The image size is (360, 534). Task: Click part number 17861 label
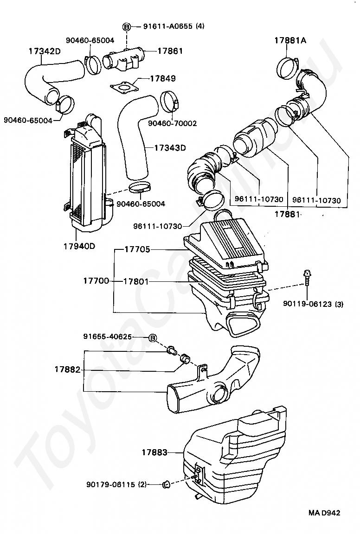pos(171,51)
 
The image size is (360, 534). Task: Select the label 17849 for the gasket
pos(163,79)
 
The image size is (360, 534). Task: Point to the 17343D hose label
pos(170,148)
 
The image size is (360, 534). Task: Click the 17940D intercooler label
pos(79,246)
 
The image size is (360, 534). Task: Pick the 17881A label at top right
pos(290,41)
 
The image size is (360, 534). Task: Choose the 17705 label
pos(137,249)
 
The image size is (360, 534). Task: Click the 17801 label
pos(137,281)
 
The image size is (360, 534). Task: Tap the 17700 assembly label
pos(96,281)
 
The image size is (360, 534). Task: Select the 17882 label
pos(68,370)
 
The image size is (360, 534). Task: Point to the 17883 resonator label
pos(154,452)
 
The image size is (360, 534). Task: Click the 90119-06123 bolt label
pos(313,305)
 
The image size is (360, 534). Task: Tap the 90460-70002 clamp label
pos(172,123)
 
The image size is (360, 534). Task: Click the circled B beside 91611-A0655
pos(126,26)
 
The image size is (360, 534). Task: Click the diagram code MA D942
pos(325,513)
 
